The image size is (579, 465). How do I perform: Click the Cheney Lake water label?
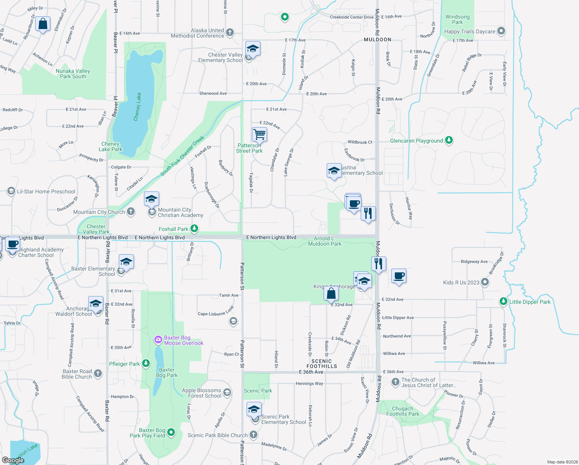(x=137, y=107)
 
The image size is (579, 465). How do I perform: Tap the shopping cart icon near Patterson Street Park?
(x=259, y=134)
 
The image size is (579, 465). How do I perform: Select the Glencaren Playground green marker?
(x=449, y=140)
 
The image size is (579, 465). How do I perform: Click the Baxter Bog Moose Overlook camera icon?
(x=158, y=340)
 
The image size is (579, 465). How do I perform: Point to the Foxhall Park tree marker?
(x=194, y=229)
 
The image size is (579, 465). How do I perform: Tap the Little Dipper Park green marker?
(x=503, y=301)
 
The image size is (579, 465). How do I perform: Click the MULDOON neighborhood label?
(x=377, y=40)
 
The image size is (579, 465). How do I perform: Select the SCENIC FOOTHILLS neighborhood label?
(x=322, y=363)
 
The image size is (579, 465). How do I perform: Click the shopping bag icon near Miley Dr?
(x=43, y=24)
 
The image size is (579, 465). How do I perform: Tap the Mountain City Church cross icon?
(x=131, y=212)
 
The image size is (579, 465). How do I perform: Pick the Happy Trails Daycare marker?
(x=501, y=31)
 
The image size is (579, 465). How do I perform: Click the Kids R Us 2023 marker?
(x=485, y=282)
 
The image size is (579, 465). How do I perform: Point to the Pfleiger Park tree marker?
(x=146, y=363)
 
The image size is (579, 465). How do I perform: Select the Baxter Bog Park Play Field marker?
(x=171, y=432)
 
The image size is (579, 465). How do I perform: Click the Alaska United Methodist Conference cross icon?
(x=230, y=33)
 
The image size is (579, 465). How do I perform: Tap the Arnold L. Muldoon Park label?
(x=325, y=241)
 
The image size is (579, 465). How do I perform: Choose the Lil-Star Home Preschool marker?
(x=11, y=191)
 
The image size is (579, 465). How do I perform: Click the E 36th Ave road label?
(x=311, y=372)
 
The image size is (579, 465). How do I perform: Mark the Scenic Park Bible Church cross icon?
(x=254, y=435)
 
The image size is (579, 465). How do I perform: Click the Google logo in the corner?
(x=13, y=460)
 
